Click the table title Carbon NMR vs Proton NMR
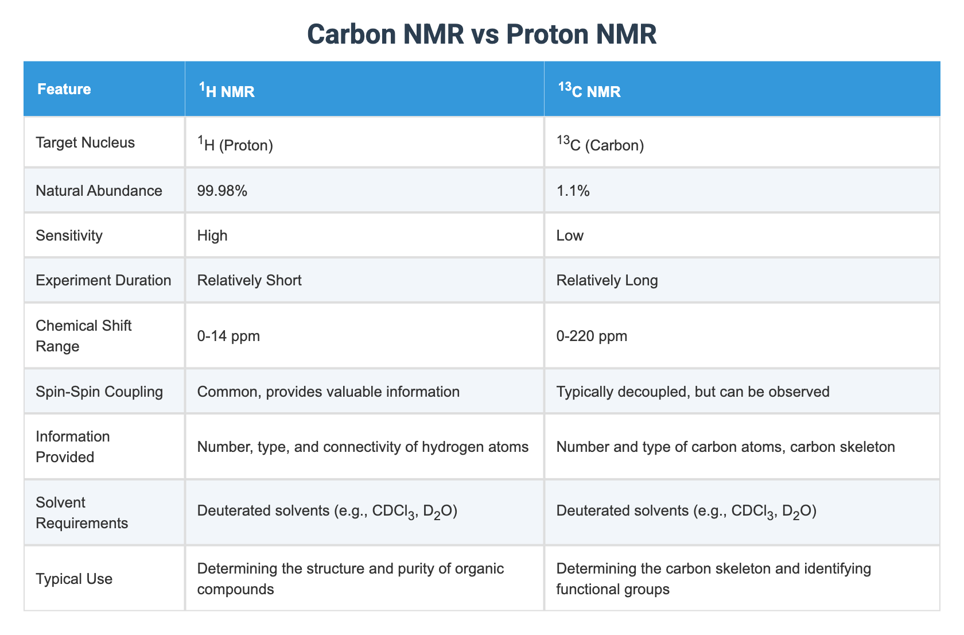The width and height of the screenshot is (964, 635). click(x=481, y=34)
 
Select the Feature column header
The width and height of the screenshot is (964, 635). click(x=64, y=90)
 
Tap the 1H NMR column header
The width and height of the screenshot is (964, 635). click(x=226, y=91)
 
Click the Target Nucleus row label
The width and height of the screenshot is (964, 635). click(x=85, y=142)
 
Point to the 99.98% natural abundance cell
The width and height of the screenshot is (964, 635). click(x=222, y=191)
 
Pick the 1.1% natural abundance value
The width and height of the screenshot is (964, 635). click(x=573, y=191)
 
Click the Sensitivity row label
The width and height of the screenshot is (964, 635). click(x=69, y=235)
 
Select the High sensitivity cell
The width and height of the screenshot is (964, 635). click(x=212, y=235)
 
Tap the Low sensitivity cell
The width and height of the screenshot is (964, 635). click(x=570, y=235)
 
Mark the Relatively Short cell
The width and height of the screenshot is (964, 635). click(x=249, y=280)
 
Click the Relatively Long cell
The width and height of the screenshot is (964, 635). click(x=607, y=280)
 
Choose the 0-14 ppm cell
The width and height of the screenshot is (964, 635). click(x=228, y=336)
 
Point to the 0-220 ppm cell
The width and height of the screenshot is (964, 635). click(x=592, y=336)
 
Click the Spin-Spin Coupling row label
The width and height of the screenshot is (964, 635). click(x=99, y=392)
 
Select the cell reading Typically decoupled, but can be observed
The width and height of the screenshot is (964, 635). click(x=693, y=392)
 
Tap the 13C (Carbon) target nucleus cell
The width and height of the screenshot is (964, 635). click(x=600, y=144)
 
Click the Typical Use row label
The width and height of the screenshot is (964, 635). click(x=74, y=579)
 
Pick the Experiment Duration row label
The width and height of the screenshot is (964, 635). click(x=103, y=280)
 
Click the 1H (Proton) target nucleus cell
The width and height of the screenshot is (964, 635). click(x=235, y=144)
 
